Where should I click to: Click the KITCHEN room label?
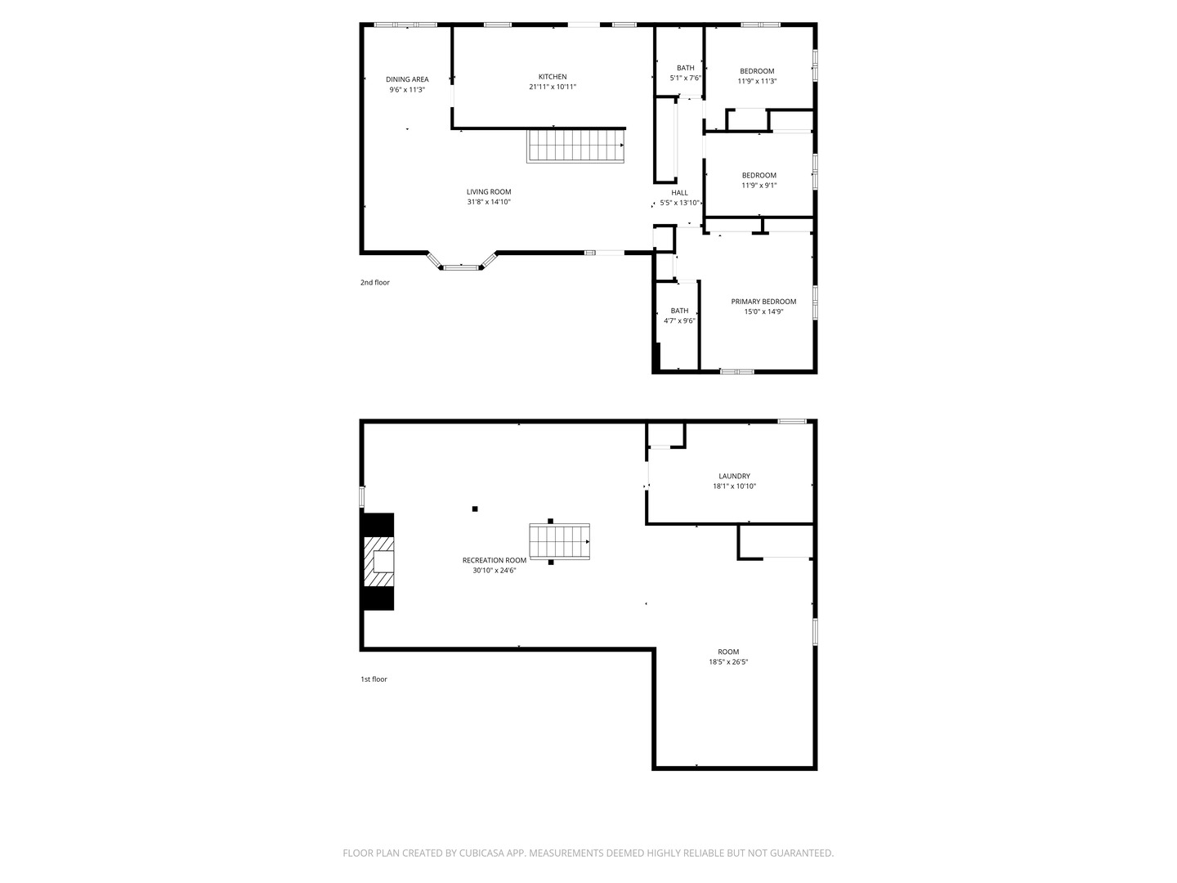[x=553, y=77]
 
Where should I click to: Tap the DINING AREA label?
[x=407, y=79]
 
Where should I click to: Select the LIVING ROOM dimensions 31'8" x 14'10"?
[x=489, y=202]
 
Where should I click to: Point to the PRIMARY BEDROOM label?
[x=763, y=302]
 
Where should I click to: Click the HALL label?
[x=679, y=192]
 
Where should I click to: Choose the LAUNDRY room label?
[x=734, y=476]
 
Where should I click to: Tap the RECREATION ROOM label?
[x=495, y=560]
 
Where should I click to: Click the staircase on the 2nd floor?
[x=575, y=146]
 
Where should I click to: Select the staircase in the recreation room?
[x=559, y=541]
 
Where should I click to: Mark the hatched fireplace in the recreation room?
[x=378, y=562]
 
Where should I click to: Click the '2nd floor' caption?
[x=375, y=283]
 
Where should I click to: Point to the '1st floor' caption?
[x=374, y=679]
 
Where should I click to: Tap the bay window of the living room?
[x=461, y=267]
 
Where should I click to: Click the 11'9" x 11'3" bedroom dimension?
[x=757, y=81]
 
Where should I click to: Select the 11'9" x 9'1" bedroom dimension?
[x=759, y=185]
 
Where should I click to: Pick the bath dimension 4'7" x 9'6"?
[x=679, y=320]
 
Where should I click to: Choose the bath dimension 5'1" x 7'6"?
[x=685, y=78]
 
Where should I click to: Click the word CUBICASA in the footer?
[x=481, y=853]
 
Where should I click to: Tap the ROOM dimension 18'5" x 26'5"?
[x=728, y=661]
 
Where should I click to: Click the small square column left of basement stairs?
[x=475, y=509]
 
